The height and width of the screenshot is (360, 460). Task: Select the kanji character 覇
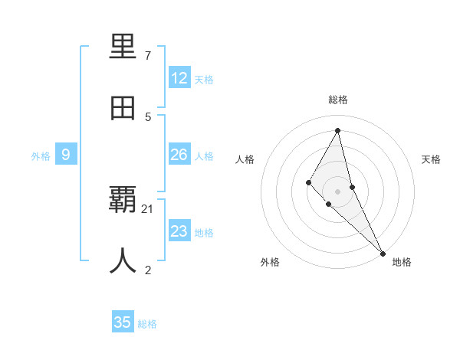pos(123,201)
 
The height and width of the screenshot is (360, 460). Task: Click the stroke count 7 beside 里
pos(148,56)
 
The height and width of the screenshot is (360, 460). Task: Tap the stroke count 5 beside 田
pos(148,116)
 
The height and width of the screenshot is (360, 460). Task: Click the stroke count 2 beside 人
pos(148,270)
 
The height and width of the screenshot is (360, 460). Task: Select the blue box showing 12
pos(179,78)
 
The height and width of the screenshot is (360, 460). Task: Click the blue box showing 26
pos(179,155)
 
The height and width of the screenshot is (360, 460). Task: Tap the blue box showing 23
pos(179,231)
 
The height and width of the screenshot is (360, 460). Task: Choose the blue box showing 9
pos(66,155)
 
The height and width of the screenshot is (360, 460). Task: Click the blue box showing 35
pos(123,322)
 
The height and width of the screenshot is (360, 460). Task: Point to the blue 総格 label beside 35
pos(147,324)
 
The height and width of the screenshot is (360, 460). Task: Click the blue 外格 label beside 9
pos(41,156)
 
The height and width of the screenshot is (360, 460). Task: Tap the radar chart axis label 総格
pos(338,100)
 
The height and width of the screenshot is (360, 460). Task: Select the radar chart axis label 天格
pos(432,159)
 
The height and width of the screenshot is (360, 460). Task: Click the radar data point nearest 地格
pos(383,252)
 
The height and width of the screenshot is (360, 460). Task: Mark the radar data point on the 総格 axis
pos(338,131)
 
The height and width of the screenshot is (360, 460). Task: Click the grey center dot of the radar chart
pos(338,191)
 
